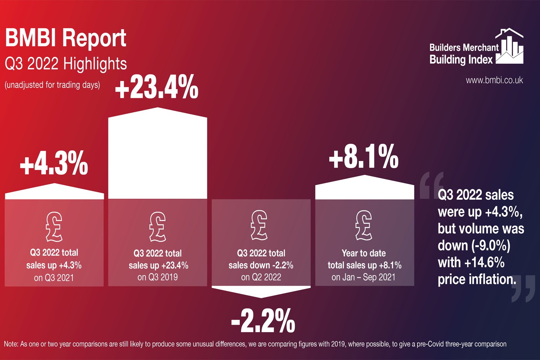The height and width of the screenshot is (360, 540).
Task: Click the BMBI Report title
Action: click(66, 38)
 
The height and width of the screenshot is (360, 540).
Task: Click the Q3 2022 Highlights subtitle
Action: click(66, 64)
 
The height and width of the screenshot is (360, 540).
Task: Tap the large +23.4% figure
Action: click(157, 87)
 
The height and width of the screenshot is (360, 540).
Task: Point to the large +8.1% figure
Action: click(364, 157)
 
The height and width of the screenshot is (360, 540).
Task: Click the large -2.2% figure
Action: click(263, 320)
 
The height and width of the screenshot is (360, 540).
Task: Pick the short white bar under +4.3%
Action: click(54, 193)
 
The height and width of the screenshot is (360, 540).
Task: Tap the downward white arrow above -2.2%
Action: click(261, 291)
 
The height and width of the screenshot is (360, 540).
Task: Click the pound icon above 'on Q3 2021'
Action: click(54, 226)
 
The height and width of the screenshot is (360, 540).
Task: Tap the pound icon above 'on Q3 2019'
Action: click(158, 226)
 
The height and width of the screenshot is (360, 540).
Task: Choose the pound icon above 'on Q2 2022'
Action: click(259, 225)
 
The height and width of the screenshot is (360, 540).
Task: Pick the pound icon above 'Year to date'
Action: click(364, 225)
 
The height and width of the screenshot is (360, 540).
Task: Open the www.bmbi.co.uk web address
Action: click(494, 80)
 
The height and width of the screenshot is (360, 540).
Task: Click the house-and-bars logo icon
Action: click(509, 47)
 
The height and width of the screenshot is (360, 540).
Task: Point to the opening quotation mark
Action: click(431, 185)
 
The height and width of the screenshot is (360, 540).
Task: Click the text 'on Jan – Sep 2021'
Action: click(363, 277)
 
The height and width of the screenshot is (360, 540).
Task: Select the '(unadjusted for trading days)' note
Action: click(52, 85)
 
